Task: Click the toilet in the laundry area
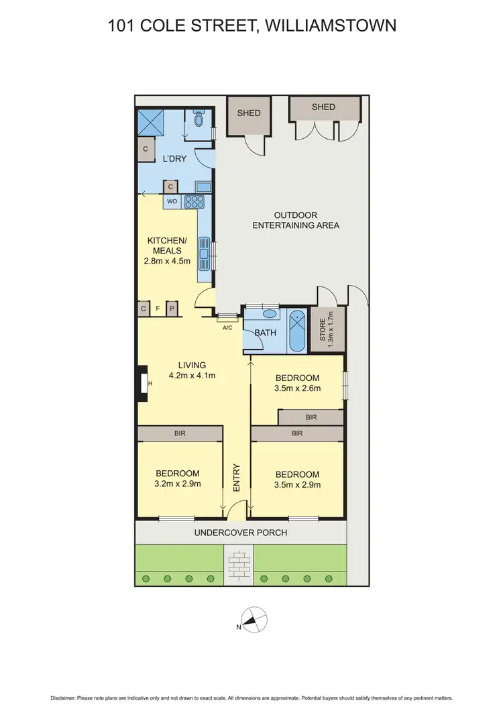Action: (199, 119)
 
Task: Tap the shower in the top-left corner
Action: (151, 123)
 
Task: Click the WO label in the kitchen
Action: (171, 201)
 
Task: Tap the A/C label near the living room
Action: (227, 328)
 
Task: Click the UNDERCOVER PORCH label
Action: (241, 533)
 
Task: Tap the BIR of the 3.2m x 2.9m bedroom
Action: (180, 434)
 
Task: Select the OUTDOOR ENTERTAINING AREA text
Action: (296, 220)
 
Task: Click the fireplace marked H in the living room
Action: (143, 383)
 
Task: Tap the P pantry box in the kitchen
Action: (172, 309)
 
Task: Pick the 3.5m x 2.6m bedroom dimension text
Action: (296, 388)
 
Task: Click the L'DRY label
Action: (174, 159)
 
